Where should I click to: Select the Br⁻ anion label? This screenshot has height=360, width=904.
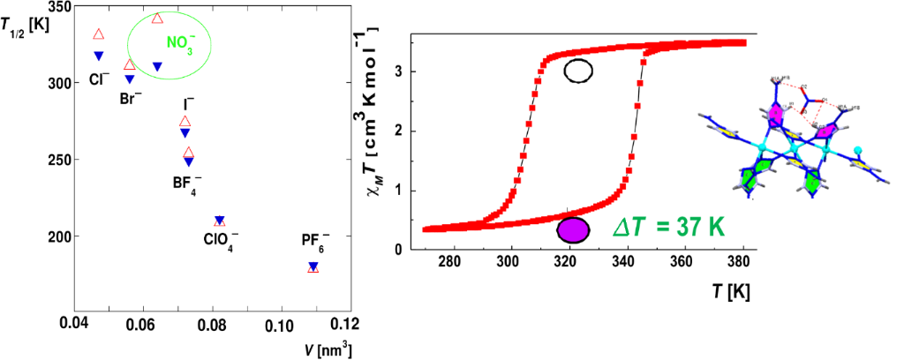(131, 97)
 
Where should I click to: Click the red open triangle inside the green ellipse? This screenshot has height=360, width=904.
(157, 19)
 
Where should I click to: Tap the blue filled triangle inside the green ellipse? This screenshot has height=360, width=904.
(157, 66)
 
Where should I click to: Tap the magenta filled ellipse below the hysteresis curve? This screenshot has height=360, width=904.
(572, 229)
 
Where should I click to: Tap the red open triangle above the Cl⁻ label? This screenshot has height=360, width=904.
(99, 34)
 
